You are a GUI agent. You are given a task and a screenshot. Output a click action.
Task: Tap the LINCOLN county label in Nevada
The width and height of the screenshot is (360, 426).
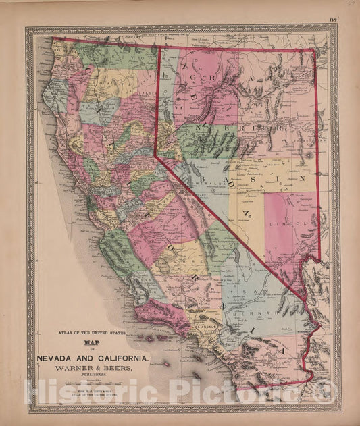(302, 221)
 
